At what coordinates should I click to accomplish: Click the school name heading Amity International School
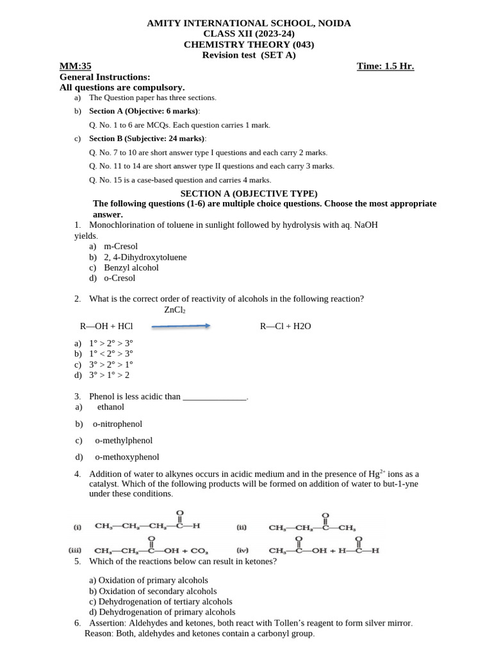[249, 23]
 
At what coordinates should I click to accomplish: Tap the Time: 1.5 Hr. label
[385, 66]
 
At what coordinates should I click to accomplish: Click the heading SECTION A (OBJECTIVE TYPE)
[249, 193]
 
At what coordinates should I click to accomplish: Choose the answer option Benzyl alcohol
[131, 268]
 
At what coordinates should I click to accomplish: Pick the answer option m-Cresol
[120, 246]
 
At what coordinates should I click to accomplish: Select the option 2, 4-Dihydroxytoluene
[145, 257]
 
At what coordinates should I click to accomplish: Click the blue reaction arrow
[181, 326]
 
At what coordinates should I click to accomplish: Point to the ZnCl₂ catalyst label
[175, 310]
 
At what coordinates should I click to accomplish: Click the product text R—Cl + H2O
[285, 327]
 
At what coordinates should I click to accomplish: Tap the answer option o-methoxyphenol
[127, 457]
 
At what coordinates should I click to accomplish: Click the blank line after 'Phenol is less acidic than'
[215, 397]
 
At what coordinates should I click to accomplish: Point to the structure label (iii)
[77, 550]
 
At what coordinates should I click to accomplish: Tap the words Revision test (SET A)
[249, 55]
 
